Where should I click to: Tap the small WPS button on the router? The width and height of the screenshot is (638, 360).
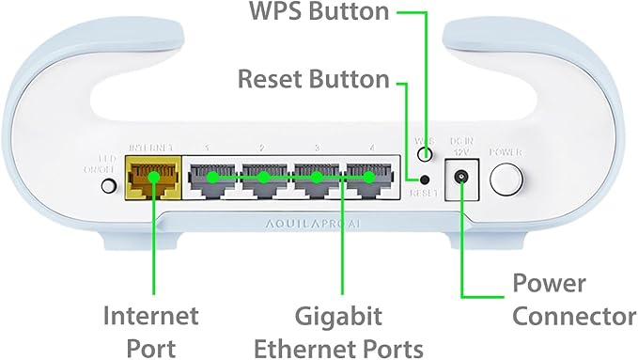425,153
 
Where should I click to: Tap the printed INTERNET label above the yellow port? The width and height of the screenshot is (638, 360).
150,148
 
